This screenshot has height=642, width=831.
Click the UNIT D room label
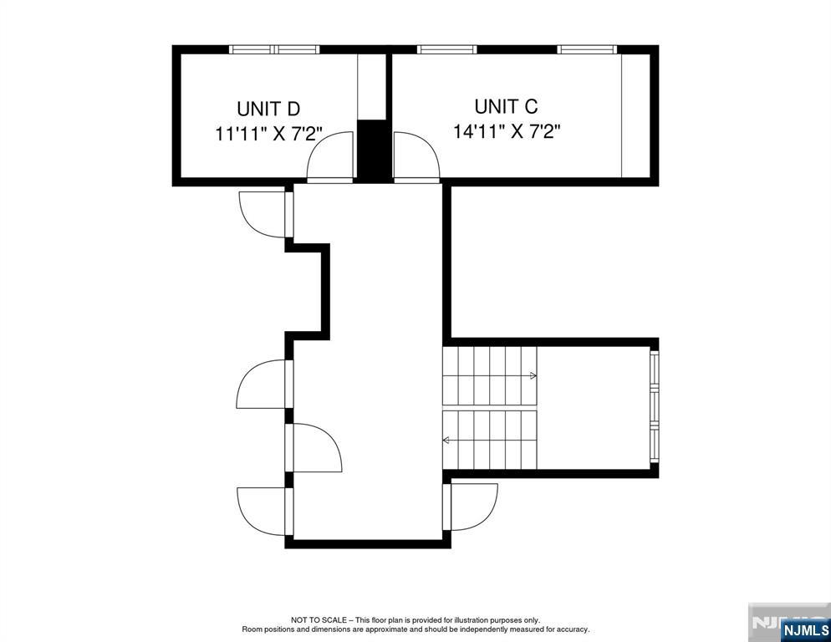pos(268,109)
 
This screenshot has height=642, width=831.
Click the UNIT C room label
pos(506,106)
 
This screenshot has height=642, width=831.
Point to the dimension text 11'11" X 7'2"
pos(269,135)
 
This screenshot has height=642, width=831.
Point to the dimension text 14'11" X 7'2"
pos(507,132)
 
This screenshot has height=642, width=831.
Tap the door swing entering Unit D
pos(330,158)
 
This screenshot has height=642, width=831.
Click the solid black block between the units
pos(373,150)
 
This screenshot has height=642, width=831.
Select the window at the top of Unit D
pos(274,49)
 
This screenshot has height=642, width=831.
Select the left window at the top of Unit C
pos(446,49)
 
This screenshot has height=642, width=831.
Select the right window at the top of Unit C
pos(587,49)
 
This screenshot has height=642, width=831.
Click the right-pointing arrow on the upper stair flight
pos(533,376)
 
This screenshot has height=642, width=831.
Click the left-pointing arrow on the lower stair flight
pos(446,440)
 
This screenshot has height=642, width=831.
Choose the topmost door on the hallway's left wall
pos(264,212)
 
